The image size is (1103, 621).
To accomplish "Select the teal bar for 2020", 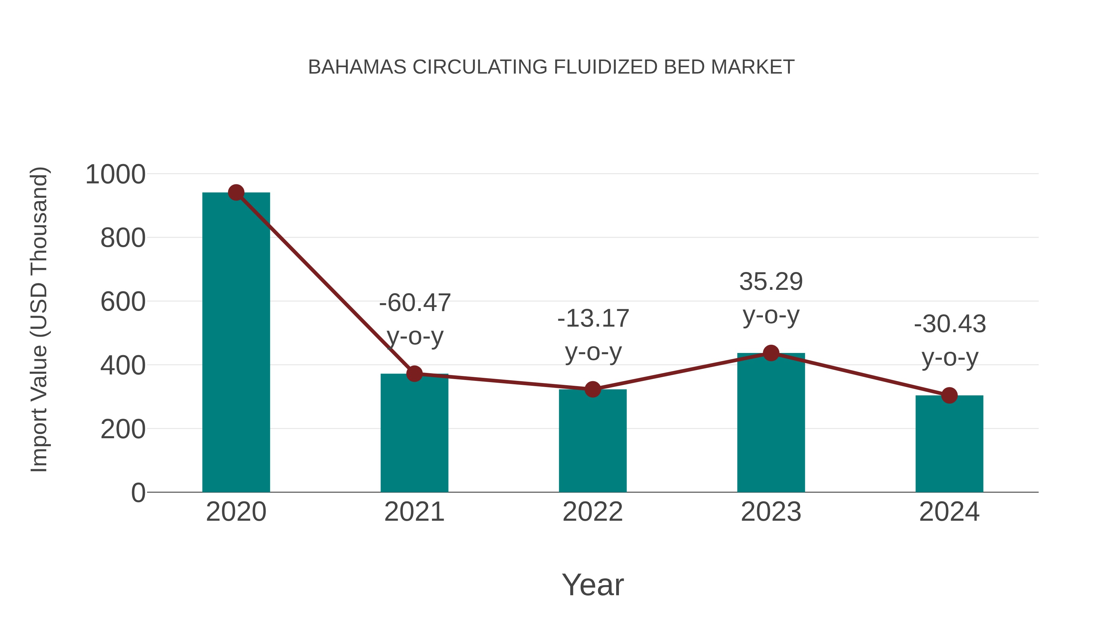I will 236,343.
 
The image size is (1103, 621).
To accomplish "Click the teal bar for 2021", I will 414,433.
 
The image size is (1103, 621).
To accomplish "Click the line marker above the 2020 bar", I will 236,193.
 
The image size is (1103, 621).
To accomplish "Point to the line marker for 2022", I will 593,389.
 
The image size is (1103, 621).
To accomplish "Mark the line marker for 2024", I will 949,395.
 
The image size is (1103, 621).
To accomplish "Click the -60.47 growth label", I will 415,303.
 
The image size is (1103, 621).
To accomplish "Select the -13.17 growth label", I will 593,318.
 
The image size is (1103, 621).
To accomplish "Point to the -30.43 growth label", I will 950,324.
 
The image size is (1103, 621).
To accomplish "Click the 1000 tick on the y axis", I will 115,175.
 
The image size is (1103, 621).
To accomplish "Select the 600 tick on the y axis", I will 123,302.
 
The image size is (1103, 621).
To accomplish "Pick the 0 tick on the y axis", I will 138,493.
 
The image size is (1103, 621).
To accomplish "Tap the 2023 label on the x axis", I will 771,512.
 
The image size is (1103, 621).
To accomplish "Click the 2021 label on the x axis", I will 414,512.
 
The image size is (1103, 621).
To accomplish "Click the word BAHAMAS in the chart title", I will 357,67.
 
